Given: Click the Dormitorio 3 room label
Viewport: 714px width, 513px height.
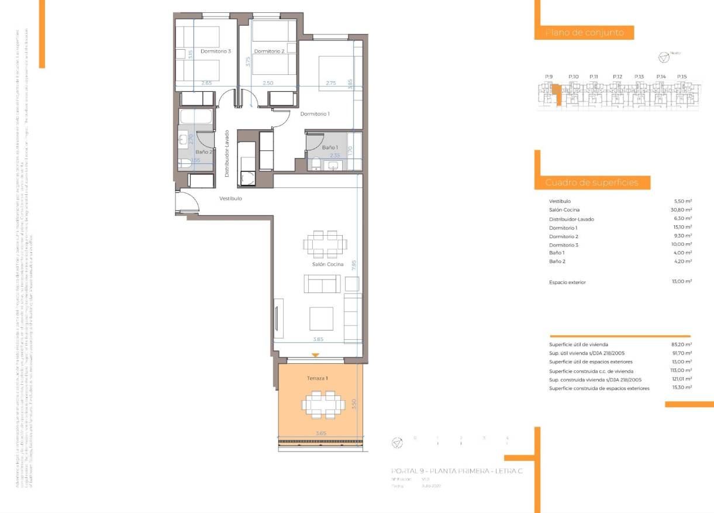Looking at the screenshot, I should tap(216, 51).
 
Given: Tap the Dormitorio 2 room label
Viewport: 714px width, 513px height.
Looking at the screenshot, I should tap(270, 51).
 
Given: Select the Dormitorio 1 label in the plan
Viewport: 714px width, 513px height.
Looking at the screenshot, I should tap(315, 114).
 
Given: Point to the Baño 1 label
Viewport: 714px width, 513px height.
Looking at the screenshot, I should tap(329, 148).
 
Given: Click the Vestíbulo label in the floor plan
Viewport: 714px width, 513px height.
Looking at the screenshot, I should tap(230, 199).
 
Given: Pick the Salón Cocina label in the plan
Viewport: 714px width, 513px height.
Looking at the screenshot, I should tap(327, 265).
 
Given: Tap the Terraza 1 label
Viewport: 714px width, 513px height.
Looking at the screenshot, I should tap(318, 379).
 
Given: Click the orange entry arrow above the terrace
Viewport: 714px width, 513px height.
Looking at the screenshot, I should tap(316, 355).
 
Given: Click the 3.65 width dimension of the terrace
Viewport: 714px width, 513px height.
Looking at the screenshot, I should tap(321, 433).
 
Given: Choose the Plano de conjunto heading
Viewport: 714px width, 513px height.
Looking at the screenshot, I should tap(584, 33).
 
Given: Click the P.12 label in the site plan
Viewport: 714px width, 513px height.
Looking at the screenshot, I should tap(618, 77).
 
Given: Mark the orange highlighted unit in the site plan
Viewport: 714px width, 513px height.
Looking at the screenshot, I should tap(558, 94).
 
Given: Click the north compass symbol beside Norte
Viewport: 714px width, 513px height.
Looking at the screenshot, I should tap(663, 57).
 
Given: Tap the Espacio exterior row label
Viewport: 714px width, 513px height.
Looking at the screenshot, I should tap(567, 283).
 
